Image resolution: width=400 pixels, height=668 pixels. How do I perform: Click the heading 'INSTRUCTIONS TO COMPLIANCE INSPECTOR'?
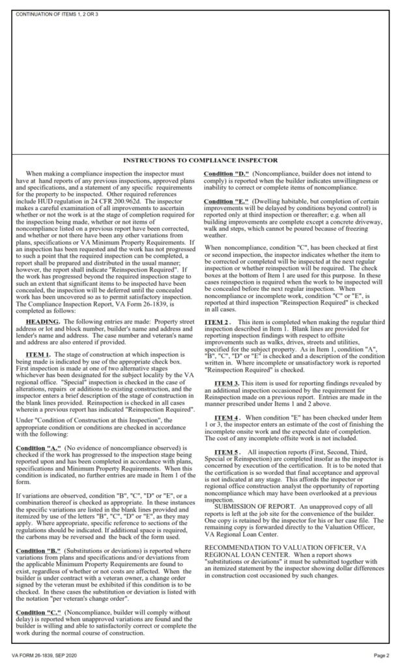(201, 160)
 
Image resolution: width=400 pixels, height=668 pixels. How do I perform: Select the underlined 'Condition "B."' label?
(37, 552)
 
